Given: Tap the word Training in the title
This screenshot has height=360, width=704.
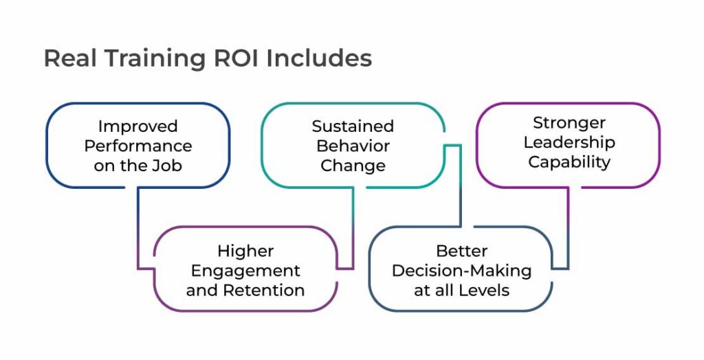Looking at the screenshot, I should coord(156,59).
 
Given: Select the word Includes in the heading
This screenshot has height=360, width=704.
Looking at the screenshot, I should coord(319,58).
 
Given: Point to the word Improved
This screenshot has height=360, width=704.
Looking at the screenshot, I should coord(137,126).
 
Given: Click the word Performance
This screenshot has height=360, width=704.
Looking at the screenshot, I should coord(137,146).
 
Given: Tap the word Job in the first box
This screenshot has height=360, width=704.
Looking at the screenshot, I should coord(168,165).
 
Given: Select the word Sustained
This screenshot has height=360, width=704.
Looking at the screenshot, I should coord(353,126).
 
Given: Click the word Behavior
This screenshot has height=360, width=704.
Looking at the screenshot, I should coord(353,146).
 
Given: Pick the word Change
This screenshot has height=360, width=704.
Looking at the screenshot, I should coord(353,166).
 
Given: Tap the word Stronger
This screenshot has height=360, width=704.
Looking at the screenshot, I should coord(569,123).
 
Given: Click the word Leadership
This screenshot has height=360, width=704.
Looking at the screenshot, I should coord(569,142).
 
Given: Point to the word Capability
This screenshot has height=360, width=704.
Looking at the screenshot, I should coord(569,162).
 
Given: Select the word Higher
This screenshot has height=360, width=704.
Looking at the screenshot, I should coord(245,251).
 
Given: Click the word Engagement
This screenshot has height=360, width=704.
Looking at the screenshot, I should coord(245,271).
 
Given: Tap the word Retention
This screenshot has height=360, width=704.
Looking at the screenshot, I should coord(265,290).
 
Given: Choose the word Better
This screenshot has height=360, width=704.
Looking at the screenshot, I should coord(461,251).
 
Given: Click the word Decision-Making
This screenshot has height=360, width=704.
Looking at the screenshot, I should coord(461,271).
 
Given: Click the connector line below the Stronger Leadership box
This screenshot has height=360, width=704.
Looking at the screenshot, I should coord(569,227).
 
